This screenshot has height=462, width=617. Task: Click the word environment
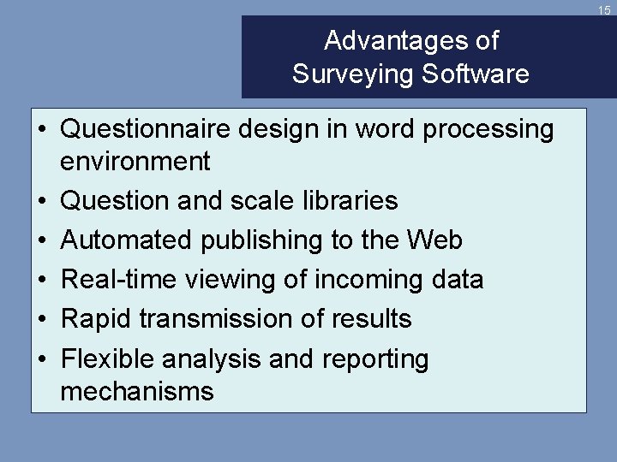[135, 160]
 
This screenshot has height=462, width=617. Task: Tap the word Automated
[127, 240]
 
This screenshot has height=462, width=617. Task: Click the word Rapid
[96, 318]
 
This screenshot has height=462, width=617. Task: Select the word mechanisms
[137, 391]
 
